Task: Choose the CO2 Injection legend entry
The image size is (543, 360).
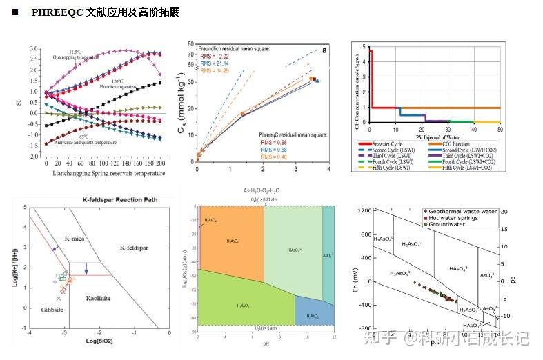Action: pos(463,142)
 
